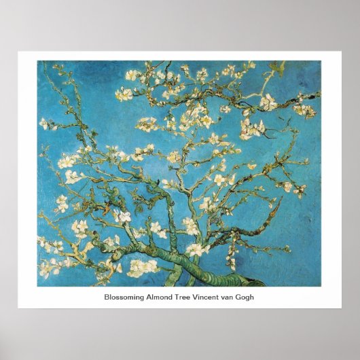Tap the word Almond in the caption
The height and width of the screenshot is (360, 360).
162,297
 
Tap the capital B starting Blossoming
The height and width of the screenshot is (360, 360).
107,297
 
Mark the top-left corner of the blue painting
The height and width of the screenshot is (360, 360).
37,61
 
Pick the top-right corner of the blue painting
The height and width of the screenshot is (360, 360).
323,61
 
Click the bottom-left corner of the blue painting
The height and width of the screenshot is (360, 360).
37,286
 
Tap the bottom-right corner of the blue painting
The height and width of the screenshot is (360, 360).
323,286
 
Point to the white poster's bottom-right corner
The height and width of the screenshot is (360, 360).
342,308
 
